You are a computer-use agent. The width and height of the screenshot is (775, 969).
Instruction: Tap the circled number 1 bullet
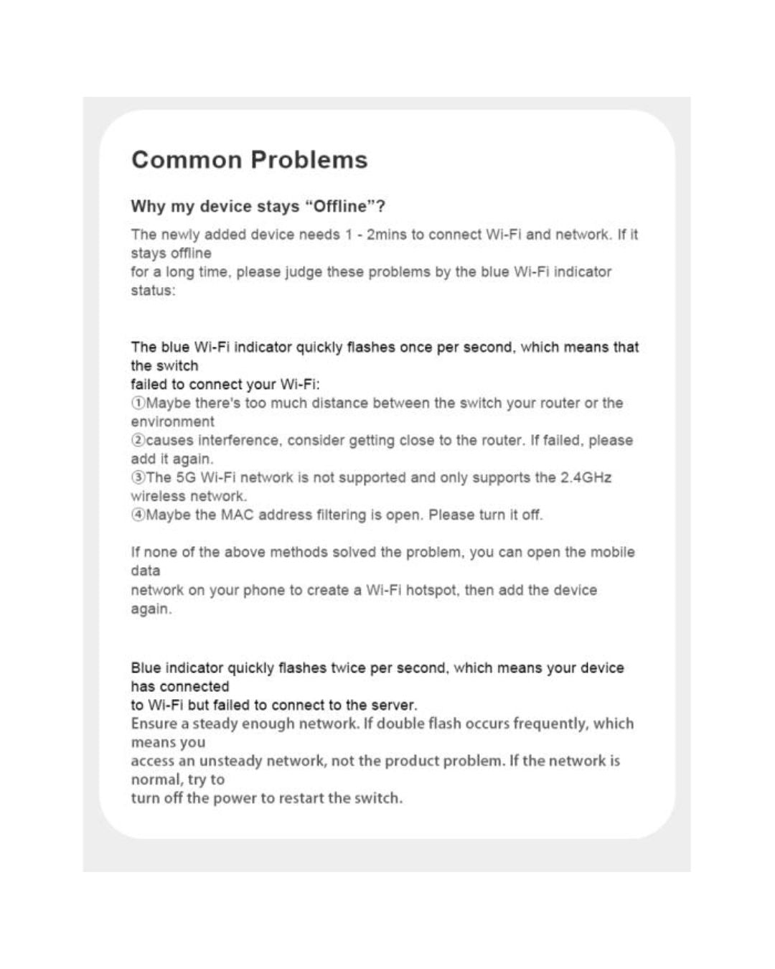pyautogui.click(x=138, y=403)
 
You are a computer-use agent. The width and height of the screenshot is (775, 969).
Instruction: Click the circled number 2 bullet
pyautogui.click(x=138, y=441)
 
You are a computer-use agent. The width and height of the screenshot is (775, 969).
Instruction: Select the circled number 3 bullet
pyautogui.click(x=138, y=478)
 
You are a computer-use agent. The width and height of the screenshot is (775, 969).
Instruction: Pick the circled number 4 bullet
pyautogui.click(x=138, y=515)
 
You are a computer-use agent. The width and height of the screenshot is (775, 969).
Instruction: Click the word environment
pyautogui.click(x=172, y=422)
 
